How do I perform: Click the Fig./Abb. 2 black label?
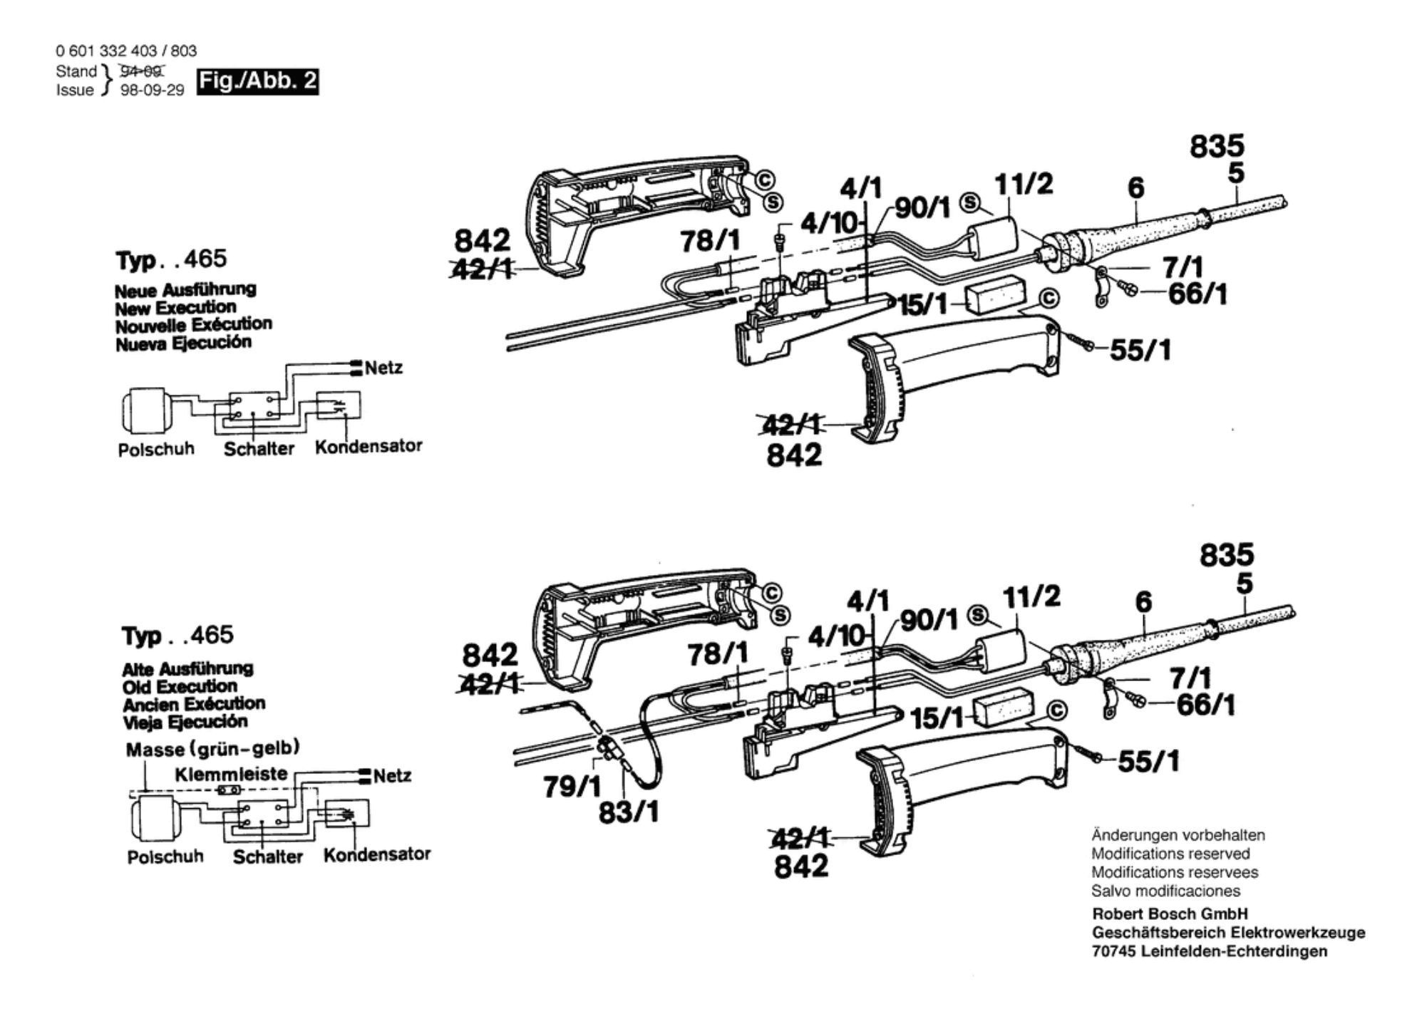point(257,81)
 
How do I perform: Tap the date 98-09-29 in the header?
point(152,90)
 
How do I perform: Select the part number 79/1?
point(572,787)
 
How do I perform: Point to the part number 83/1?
point(628,812)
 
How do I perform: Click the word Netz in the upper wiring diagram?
point(383,368)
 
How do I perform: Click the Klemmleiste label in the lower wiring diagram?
point(231,774)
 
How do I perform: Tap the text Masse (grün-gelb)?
point(212,749)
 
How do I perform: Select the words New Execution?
point(175,308)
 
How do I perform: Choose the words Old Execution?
point(180,686)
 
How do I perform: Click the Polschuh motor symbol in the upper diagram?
point(145,410)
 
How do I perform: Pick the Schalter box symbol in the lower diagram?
point(263,814)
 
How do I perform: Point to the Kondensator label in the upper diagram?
point(369,446)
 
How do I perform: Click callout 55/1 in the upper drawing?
point(1140,350)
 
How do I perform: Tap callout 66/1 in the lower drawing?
point(1205,705)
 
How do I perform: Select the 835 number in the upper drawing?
point(1217,146)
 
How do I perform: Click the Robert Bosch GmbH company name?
point(1170,914)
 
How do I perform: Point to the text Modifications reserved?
point(1170,854)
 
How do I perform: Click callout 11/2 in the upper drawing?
point(1023,185)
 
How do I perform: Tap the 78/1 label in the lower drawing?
point(718,654)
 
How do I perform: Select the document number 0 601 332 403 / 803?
point(126,51)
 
